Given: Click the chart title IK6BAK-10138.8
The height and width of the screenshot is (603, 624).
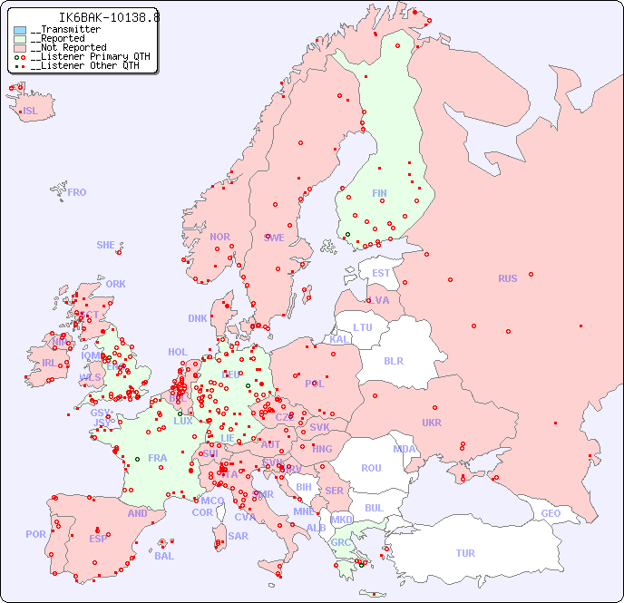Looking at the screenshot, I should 96,16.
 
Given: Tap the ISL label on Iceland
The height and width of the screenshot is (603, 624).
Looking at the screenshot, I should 31,112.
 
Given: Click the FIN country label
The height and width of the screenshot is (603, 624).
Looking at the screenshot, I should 379,193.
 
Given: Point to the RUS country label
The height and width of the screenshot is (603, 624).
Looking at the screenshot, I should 507,278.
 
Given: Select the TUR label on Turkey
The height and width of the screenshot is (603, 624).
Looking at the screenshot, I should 465,553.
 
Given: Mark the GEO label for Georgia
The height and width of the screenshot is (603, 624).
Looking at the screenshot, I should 551,513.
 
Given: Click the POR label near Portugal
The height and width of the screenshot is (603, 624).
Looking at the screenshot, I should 35,534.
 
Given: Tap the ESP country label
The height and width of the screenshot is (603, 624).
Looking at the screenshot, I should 98,539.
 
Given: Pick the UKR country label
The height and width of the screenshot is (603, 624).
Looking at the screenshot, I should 431,423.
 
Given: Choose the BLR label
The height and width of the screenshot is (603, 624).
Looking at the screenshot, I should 393,360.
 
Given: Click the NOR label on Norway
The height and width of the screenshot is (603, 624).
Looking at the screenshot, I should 219,237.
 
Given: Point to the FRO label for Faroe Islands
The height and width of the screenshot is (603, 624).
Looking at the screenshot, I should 77,192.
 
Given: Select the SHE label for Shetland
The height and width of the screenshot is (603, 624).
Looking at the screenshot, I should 106,245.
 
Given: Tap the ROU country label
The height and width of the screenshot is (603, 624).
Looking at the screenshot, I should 371,468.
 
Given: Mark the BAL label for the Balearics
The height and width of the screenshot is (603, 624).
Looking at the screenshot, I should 164,556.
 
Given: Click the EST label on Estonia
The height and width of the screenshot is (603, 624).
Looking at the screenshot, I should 381,273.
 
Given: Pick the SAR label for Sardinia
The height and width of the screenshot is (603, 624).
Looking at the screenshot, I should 238,536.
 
